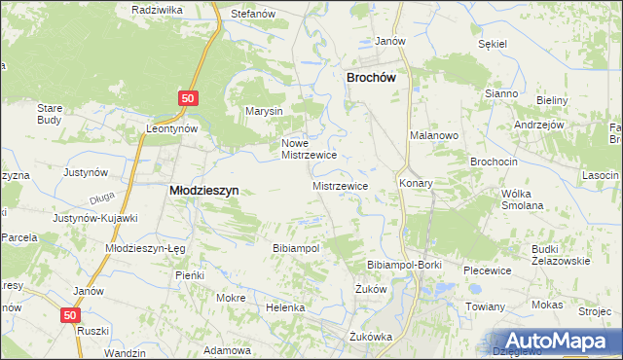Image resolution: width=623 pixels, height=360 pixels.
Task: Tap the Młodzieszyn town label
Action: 205,191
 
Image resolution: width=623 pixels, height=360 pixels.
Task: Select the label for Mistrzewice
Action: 340,184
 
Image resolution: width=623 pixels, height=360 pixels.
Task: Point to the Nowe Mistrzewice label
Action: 309,148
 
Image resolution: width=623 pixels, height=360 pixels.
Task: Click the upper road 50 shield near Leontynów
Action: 189,98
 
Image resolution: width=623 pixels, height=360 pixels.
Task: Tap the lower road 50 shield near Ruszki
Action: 68,315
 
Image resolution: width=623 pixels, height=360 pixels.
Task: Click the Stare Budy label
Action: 50,113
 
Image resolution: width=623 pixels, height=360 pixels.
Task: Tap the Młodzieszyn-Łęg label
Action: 144,248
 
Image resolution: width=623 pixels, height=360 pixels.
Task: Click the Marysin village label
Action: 264,111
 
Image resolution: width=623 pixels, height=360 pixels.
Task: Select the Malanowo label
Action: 433,136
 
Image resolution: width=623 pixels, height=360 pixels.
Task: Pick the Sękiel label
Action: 495,44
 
